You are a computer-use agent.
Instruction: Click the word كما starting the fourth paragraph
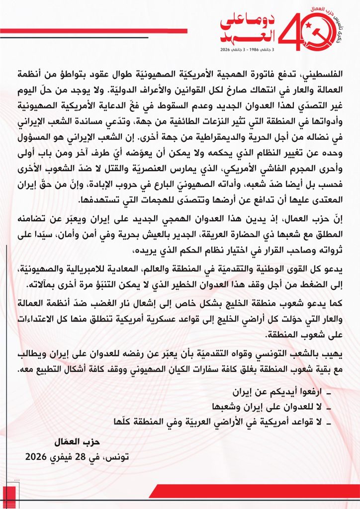(341, 303)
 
